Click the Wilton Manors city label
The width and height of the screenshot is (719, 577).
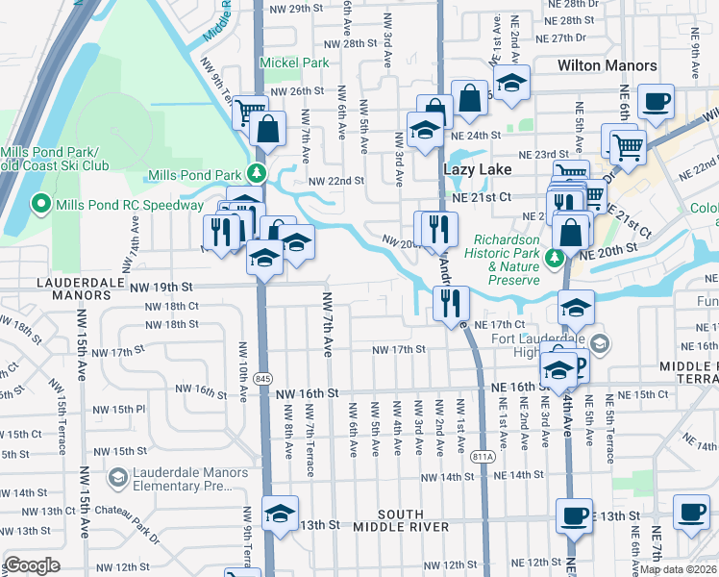tap(607, 65)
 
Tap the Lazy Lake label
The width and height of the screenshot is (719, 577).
tap(475, 168)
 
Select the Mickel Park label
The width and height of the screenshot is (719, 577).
tap(294, 63)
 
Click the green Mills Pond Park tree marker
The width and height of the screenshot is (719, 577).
tap(257, 174)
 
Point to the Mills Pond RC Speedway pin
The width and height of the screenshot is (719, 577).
tap(41, 204)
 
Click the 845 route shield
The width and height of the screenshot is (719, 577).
tap(262, 380)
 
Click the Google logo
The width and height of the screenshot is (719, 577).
tap(33, 565)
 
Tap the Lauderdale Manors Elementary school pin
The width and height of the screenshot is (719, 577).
tap(117, 477)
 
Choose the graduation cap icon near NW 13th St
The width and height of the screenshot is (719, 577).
tap(280, 514)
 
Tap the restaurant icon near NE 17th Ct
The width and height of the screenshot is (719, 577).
tap(451, 303)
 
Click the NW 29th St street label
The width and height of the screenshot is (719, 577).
tap(293, 9)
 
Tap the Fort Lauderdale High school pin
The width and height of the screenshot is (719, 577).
tap(600, 343)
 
